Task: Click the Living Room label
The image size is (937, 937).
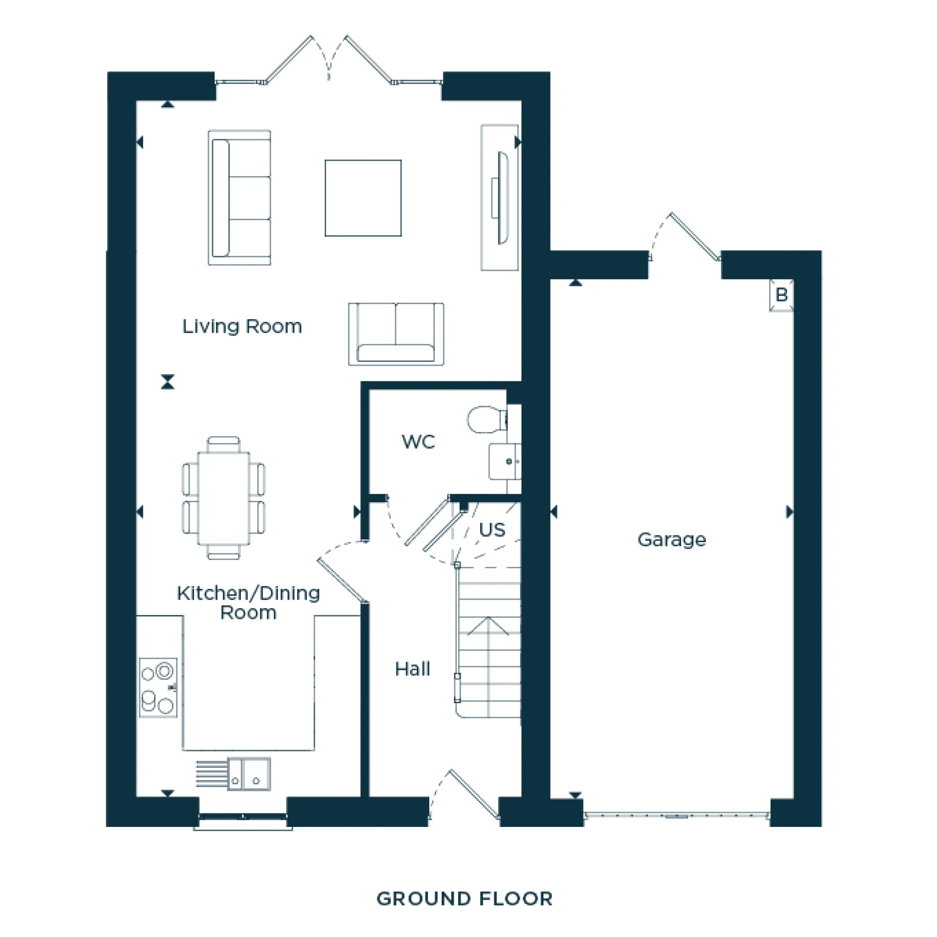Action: (x=242, y=327)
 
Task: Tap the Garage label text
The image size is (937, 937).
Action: (x=671, y=539)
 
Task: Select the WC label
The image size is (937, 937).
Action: (x=418, y=442)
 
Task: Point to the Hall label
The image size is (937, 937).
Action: (x=412, y=669)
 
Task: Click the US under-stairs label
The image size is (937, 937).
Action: (x=492, y=529)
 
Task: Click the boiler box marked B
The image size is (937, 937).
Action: (x=781, y=295)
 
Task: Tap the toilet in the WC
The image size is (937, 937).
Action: (x=486, y=419)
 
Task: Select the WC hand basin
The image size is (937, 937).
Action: (x=505, y=461)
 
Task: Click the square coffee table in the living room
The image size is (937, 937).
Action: (x=363, y=198)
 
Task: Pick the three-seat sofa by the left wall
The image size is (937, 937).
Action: (x=239, y=197)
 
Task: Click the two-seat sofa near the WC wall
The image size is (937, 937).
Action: (x=396, y=334)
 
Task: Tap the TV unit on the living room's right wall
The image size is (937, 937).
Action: (x=500, y=197)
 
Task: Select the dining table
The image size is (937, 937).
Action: (x=223, y=498)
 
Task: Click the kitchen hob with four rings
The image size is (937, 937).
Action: (x=158, y=688)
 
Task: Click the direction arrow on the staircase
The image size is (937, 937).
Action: (x=488, y=626)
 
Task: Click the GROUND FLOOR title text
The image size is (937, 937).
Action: (x=464, y=899)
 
